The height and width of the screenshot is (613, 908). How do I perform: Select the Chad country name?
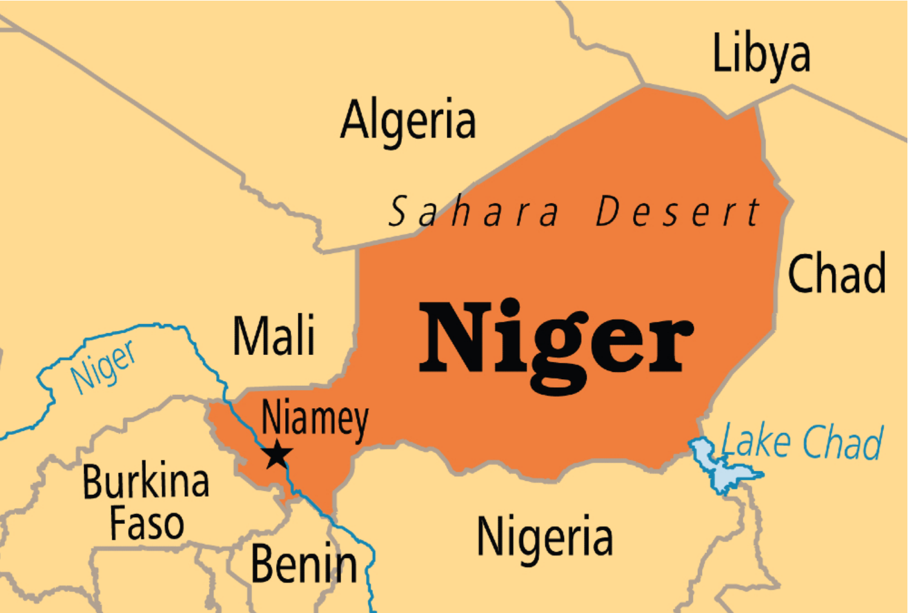pyautogui.click(x=837, y=274)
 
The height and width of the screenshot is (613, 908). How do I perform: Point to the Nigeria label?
pyautogui.click(x=544, y=537)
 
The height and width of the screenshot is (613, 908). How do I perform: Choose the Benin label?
pyautogui.click(x=304, y=564)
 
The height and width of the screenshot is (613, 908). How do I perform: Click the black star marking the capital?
pyautogui.click(x=277, y=454)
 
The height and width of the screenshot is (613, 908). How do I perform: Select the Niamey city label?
pyautogui.click(x=315, y=419)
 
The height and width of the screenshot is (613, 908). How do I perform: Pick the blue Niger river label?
pyautogui.click(x=103, y=366)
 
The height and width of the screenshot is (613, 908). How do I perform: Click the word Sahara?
pyautogui.click(x=474, y=212)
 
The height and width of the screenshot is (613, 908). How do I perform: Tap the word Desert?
pyautogui.click(x=678, y=212)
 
